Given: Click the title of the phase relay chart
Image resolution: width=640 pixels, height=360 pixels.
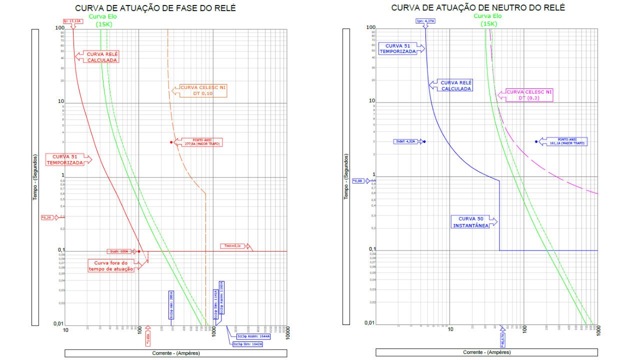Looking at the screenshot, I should point(155,8).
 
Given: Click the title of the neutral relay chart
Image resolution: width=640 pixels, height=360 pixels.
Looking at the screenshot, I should point(477,8).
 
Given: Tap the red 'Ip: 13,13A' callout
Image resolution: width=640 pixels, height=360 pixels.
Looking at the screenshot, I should point(72,21).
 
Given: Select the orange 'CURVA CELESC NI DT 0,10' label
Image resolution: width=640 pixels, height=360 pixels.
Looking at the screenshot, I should point(203,90).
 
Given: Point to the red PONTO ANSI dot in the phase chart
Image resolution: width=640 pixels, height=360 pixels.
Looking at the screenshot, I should point(171,142).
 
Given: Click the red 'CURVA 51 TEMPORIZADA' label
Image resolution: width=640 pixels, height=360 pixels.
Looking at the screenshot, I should point(65,159).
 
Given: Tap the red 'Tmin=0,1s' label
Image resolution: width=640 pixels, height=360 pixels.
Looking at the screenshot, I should point(232,246).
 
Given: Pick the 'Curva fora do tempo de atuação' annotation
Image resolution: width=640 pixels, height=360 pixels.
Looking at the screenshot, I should point(111,265).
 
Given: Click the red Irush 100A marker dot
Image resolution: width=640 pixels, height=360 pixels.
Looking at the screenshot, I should point(139,251).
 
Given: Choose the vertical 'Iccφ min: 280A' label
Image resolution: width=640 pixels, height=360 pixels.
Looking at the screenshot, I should point(171,304).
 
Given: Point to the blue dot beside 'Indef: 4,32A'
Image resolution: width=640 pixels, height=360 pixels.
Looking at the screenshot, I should point(424,141).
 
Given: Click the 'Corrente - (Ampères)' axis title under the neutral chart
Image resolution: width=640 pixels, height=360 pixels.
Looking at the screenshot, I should point(486,352).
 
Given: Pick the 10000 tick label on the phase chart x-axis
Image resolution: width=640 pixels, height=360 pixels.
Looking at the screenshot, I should point(280,330).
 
